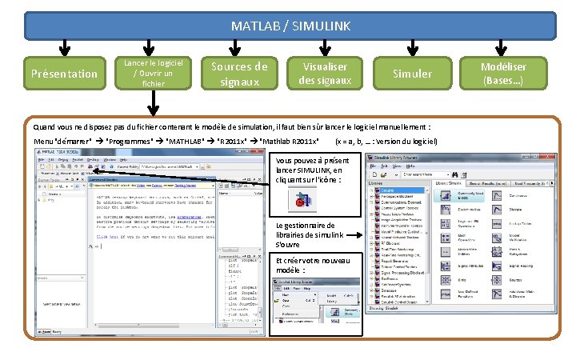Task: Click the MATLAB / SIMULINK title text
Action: [290, 26]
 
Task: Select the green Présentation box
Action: [63, 74]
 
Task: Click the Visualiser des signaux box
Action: [325, 74]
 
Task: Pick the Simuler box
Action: [412, 74]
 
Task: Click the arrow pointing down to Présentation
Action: [63, 48]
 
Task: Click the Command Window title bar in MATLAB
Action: [152, 181]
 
